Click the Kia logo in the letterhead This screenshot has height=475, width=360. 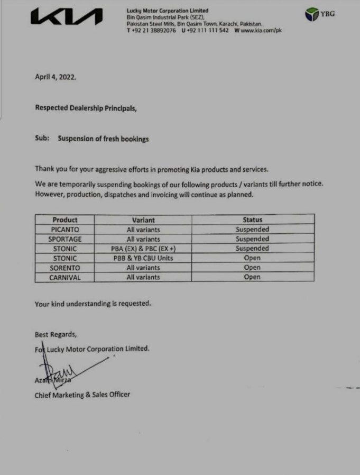[66, 17]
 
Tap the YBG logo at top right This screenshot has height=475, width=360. [320, 14]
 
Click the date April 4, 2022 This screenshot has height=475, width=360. [56, 76]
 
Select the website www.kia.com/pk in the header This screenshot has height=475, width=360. [261, 31]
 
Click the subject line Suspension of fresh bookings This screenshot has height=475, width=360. [103, 139]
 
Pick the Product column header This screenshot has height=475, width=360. [64, 220]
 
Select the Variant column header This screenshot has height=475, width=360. [143, 220]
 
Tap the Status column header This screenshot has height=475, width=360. [252, 220]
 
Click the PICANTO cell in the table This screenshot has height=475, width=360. [64, 230]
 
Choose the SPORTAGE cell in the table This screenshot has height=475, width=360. [64, 239]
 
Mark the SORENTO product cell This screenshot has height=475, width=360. [64, 268]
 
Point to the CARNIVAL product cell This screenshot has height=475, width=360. [64, 277]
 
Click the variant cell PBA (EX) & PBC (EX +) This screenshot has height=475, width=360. [143, 249]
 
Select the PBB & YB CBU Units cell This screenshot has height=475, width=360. [143, 258]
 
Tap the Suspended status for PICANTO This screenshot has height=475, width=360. [252, 230]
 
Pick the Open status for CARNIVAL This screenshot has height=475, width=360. [252, 277]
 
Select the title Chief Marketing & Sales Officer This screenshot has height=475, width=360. [82, 395]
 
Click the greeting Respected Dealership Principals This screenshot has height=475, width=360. [86, 108]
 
